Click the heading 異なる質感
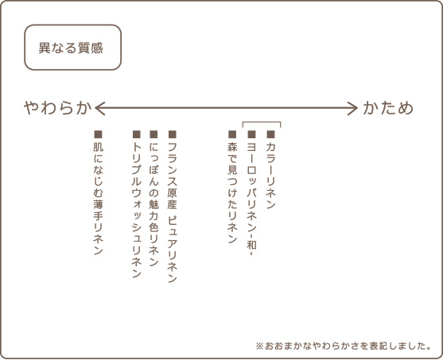pos(71,48)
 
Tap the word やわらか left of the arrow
pos(57,108)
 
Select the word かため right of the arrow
pos(388,108)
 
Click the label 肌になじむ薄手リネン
pos(98,199)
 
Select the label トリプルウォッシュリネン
pos(137,210)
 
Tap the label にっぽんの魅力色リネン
pos(153,204)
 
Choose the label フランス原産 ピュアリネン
pos(172,212)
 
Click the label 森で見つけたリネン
pos(232,193)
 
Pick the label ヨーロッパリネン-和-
pos(251,199)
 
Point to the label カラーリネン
pos(270,176)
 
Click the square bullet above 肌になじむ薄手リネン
pos(98,134)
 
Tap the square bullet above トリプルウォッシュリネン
pos(137,134)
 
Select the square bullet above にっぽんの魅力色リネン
pos(153,134)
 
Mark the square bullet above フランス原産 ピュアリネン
pos(173,134)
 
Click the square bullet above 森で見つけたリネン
pos(232,134)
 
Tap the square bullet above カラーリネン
pos(270,134)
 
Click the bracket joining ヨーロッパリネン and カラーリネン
pos(262,122)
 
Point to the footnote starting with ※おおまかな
pos(344,346)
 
